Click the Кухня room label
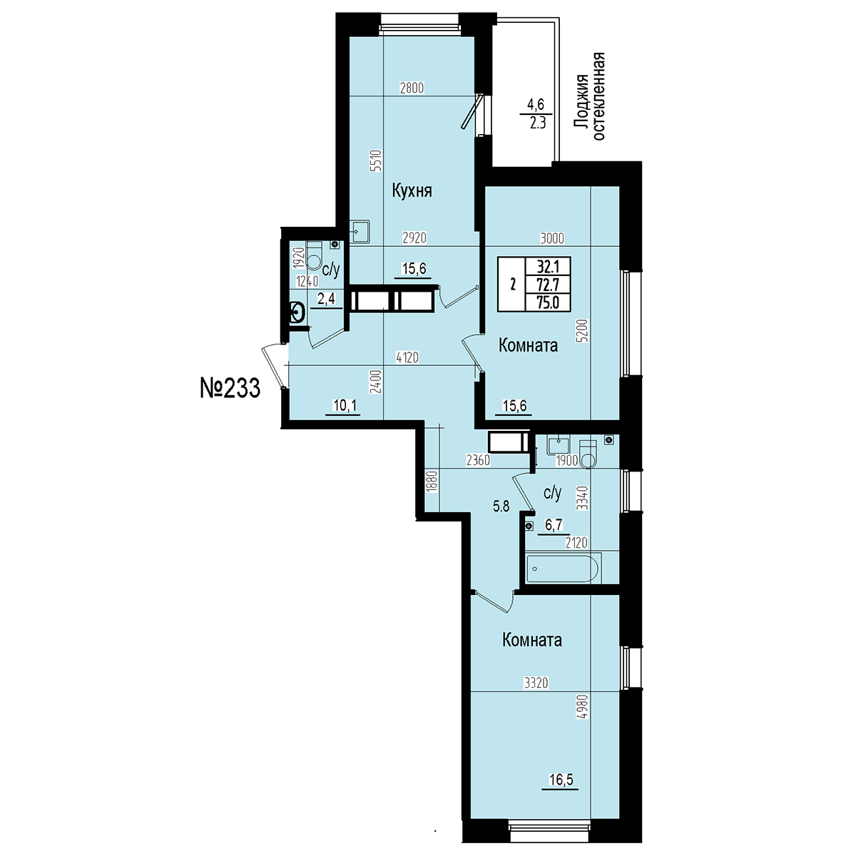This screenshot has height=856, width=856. (412, 191)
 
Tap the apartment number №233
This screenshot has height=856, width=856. (230, 389)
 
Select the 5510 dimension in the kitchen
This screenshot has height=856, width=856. (377, 161)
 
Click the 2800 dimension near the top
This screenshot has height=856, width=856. (412, 88)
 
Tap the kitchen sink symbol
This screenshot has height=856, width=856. (360, 231)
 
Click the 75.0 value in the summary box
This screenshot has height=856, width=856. (548, 302)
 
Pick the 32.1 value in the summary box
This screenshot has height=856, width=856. (548, 267)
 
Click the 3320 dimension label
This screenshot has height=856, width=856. (536, 683)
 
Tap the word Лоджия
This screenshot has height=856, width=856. (581, 103)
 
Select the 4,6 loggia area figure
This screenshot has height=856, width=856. (535, 104)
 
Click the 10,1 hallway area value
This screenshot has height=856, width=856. (345, 405)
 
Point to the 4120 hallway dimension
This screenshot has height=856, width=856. (407, 357)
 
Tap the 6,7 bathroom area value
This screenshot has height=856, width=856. (554, 525)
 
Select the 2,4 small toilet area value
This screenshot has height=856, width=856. (326, 299)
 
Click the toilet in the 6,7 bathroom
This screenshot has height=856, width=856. (588, 454)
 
